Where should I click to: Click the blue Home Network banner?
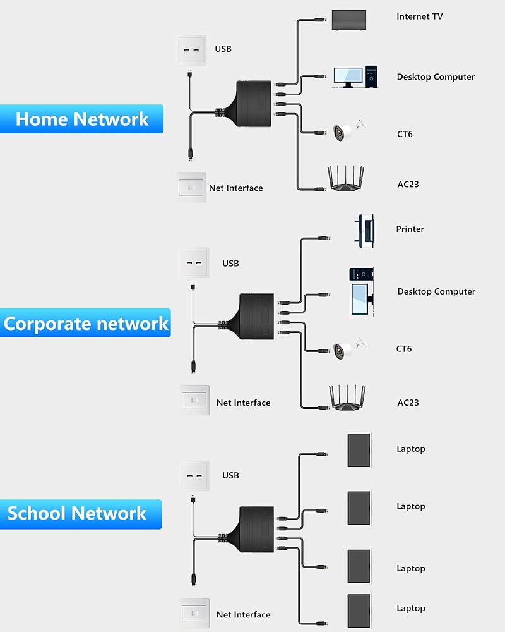tap(82, 119)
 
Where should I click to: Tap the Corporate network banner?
tap(86, 323)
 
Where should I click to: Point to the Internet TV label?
tap(420, 16)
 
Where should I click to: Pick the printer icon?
tap(366, 230)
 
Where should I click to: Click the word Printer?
tap(410, 229)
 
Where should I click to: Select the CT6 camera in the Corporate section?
tap(349, 347)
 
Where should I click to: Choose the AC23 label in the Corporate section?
tap(408, 403)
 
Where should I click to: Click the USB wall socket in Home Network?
tap(192, 49)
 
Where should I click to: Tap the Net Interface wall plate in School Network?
tap(194, 612)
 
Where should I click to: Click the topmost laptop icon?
tap(359, 450)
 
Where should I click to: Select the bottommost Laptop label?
tap(411, 608)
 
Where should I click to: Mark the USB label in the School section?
tap(230, 475)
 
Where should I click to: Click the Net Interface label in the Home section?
tap(235, 188)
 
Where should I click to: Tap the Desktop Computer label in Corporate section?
tap(436, 291)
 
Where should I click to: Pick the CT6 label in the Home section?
tap(405, 134)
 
